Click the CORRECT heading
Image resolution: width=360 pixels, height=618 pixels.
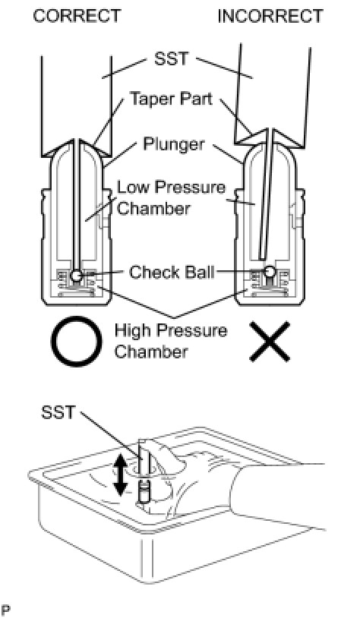(77, 16)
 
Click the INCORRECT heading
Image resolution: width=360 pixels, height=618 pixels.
(270, 16)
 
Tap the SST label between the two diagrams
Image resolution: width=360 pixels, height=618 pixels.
(171, 59)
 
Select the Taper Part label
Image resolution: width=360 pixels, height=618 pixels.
(171, 99)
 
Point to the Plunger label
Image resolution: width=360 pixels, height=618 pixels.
(174, 145)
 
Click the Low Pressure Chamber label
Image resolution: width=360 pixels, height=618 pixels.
(171, 197)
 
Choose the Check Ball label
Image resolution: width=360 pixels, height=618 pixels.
(172, 272)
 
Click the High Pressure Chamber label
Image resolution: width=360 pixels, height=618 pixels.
(171, 341)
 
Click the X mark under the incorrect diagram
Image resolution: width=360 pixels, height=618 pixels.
(270, 342)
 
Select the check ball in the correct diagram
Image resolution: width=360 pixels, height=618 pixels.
(77, 275)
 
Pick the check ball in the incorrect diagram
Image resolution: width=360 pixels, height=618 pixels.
(270, 271)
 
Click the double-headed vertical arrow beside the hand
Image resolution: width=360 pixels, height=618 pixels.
(121, 476)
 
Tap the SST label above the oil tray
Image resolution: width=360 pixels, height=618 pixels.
(58, 412)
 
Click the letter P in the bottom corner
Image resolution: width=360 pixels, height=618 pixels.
(6, 610)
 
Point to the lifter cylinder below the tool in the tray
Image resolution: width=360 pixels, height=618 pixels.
(144, 491)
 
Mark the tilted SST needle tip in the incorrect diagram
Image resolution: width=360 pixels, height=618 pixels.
(261, 258)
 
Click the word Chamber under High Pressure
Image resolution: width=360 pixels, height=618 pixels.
(151, 352)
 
